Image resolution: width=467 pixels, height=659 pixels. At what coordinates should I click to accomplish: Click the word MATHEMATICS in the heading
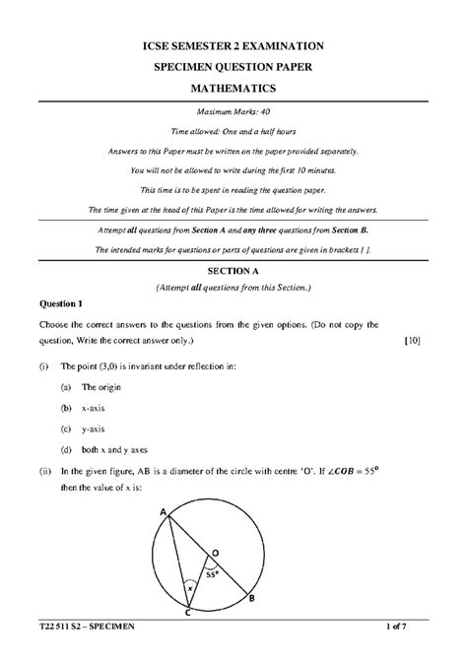tap(233, 89)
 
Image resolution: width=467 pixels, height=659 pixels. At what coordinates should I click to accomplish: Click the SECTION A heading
tap(233, 269)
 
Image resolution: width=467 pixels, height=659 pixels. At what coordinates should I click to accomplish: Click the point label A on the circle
tap(163, 511)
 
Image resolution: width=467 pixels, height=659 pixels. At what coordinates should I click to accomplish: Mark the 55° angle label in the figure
tap(211, 571)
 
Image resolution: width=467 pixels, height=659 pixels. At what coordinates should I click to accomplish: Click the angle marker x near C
tap(189, 589)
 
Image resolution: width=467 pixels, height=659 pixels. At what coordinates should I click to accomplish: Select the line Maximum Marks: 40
tap(233, 113)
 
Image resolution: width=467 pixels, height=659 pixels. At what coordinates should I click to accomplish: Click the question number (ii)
tap(45, 472)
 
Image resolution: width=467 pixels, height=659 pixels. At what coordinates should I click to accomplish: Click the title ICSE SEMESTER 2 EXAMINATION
tap(233, 46)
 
